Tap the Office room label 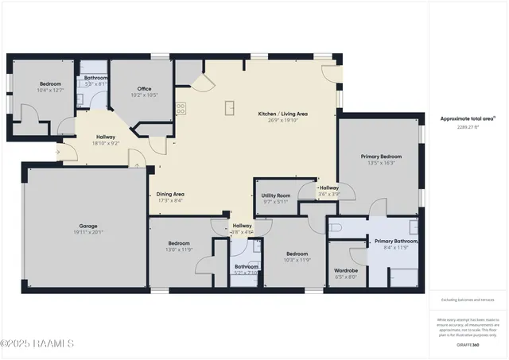click(x=143, y=88)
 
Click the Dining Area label click(x=170, y=194)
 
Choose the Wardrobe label click(x=346, y=270)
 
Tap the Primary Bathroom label click(x=396, y=241)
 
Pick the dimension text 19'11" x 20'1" click(x=88, y=232)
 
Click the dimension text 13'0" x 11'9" click(x=179, y=250)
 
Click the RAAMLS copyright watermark click(x=37, y=343)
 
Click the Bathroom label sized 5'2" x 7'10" click(x=246, y=266)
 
